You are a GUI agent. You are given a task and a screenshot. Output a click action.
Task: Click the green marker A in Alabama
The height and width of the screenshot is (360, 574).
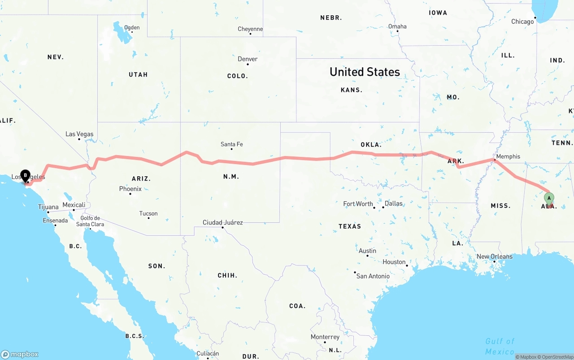point(549,198)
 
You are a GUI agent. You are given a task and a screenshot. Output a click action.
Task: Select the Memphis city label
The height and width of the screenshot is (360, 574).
point(508,156)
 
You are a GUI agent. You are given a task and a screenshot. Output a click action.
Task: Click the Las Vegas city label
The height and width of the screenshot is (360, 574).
point(79,134)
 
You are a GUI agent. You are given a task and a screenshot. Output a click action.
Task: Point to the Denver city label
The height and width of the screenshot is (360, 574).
point(248,59)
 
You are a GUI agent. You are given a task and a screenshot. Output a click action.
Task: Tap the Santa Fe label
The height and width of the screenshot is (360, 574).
point(231,144)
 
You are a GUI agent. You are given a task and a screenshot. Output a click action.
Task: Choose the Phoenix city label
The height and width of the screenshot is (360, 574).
point(130,189)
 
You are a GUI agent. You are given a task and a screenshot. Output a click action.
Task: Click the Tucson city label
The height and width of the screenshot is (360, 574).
point(148,213)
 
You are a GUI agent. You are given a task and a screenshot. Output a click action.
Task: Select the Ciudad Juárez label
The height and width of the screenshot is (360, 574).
point(223,222)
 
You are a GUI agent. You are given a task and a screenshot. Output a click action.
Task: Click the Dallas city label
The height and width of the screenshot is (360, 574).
point(393,203)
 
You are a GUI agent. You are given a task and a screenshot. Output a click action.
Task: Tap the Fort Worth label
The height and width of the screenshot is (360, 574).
point(358,204)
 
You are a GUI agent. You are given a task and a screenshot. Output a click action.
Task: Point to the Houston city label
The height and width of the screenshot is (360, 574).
point(394,262)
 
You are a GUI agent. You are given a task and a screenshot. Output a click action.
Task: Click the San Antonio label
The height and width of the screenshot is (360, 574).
point(373,276)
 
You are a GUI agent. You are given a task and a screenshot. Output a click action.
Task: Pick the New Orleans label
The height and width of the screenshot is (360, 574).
point(494,256)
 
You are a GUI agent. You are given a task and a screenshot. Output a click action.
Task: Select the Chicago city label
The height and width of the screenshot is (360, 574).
point(522,22)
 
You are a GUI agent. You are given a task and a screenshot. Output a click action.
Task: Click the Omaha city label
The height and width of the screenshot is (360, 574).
point(397,26)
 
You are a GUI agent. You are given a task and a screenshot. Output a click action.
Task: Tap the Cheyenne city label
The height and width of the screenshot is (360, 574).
point(250,29)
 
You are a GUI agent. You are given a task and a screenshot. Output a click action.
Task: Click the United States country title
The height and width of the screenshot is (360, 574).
point(365,72)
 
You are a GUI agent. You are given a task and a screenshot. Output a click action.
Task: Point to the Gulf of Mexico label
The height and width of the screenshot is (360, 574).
point(500,346)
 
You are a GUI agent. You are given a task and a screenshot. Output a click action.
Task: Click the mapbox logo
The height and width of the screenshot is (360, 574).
point(20,354)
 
